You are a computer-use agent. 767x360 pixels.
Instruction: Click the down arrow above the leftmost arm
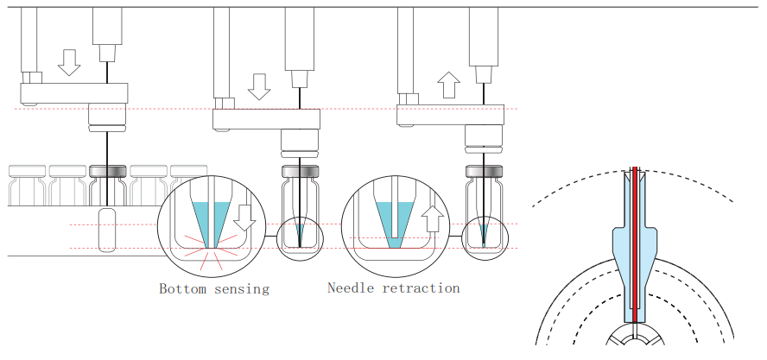70,61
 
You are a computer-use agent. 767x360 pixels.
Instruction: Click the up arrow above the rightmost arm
448,85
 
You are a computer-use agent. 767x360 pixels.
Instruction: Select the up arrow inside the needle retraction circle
434,218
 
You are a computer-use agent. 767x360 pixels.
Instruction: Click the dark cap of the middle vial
299,171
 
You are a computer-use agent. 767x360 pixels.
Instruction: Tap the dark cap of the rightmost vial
484,171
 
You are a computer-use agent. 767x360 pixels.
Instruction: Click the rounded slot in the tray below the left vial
107,230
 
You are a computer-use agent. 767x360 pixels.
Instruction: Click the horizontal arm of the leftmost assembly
74,92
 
